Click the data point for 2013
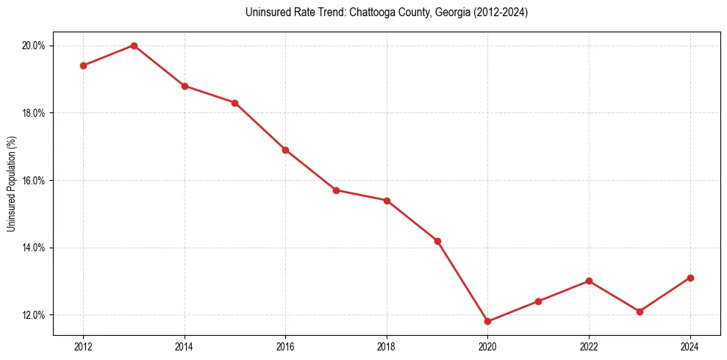134,46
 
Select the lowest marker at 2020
488,321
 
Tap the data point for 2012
83,65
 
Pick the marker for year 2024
690,278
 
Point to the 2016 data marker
285,150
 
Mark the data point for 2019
437,241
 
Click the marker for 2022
589,281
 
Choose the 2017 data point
336,190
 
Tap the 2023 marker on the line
640,312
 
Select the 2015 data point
234,103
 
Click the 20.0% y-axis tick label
34,46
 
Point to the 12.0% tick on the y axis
34,315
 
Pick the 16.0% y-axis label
34,181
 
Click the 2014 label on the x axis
185,347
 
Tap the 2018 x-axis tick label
387,347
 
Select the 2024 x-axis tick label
690,347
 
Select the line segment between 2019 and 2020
463,281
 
